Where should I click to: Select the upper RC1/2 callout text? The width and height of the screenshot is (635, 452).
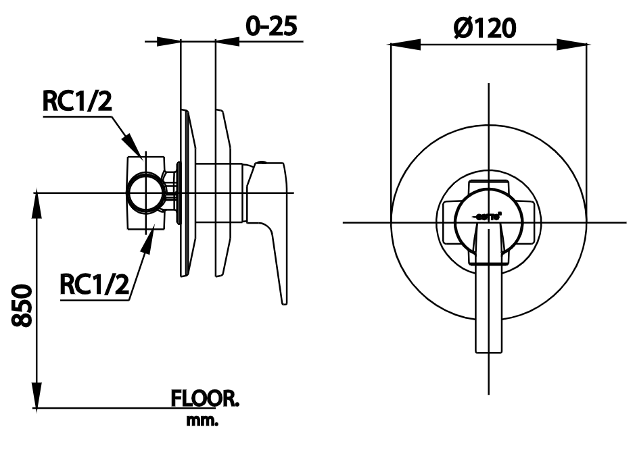77,101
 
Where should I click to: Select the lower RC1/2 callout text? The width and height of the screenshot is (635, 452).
95,284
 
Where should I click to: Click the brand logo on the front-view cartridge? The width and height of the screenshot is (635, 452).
487,217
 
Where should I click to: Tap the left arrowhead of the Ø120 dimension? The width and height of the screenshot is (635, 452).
400,45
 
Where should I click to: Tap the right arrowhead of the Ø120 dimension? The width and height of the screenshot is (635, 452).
575,45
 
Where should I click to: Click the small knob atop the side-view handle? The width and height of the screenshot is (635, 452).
265,164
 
